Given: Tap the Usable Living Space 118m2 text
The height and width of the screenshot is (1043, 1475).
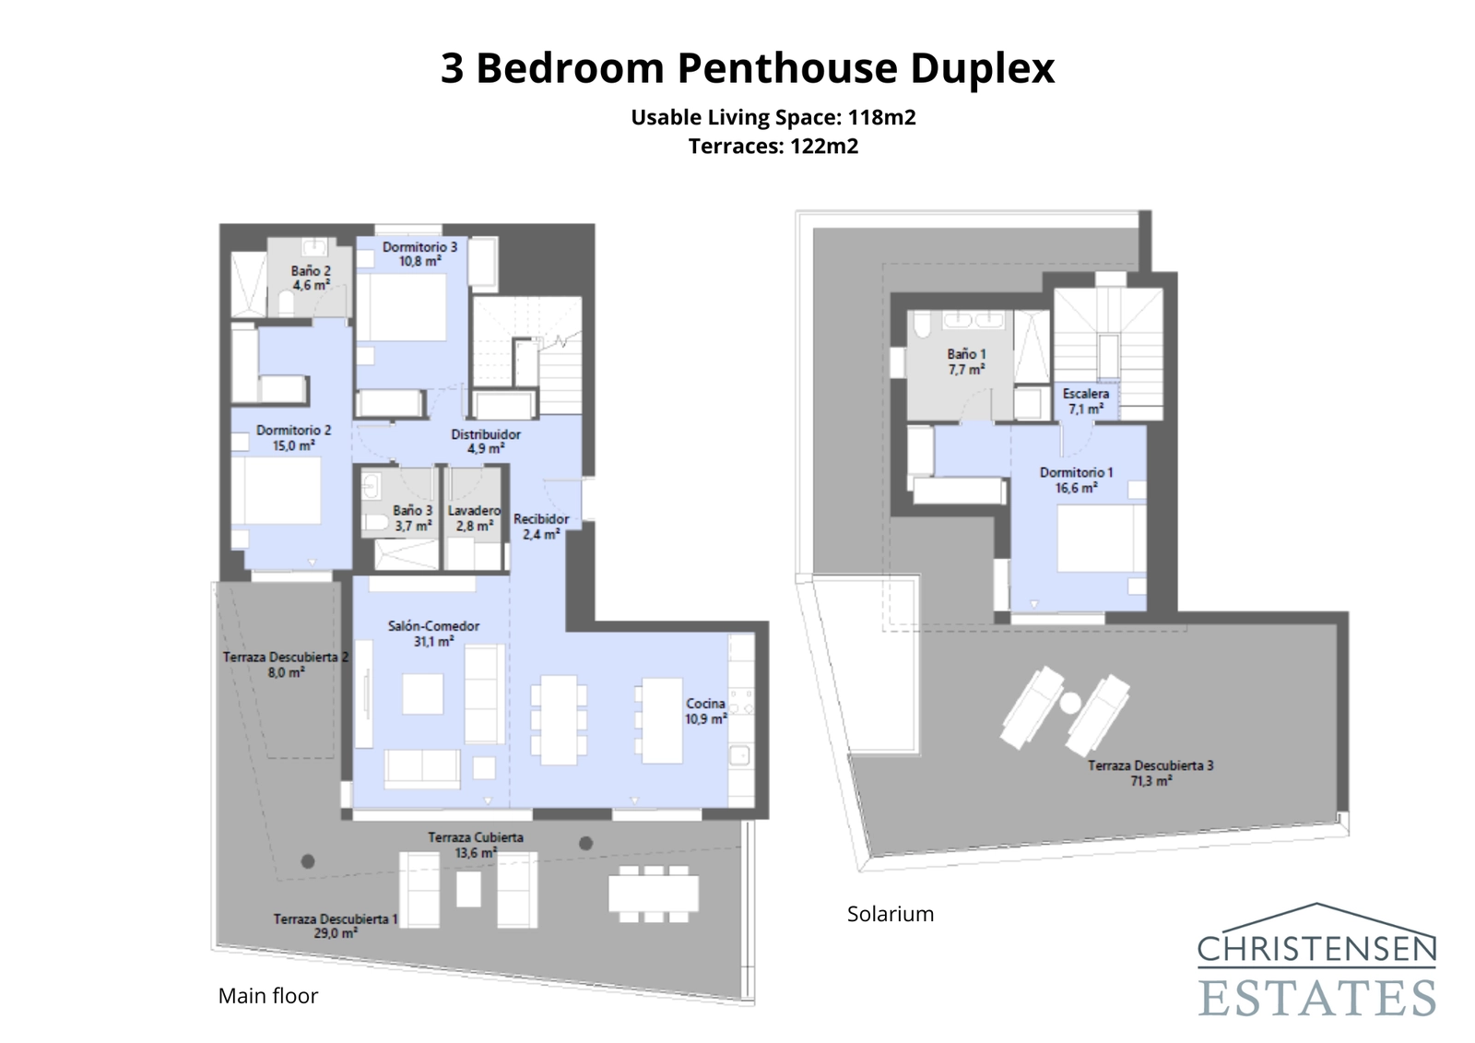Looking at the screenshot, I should [773, 117].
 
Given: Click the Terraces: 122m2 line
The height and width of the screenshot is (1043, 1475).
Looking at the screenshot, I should [773, 147].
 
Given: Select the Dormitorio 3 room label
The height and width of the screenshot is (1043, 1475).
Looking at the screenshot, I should [419, 254].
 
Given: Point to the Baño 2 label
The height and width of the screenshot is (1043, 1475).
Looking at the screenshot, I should [311, 278].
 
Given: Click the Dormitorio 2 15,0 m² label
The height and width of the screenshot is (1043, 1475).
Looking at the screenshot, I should [293, 438].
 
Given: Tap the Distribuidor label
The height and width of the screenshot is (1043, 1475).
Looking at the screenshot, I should [486, 441].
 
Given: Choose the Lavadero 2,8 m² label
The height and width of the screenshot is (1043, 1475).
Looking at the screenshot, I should [474, 518].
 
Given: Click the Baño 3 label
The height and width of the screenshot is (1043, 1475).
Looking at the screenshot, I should [412, 518].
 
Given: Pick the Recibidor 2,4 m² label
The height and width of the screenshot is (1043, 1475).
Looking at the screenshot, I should [541, 526].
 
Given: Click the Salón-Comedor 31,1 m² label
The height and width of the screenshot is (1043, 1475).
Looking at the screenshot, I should [433, 634].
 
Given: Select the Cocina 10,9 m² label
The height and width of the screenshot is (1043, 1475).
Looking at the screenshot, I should [705, 711].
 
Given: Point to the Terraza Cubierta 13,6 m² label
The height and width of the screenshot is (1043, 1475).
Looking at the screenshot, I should [475, 845].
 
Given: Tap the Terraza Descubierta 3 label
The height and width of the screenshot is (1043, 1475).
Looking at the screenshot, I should [1150, 773].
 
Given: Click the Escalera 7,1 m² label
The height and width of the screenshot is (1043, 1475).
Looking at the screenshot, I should [1085, 401].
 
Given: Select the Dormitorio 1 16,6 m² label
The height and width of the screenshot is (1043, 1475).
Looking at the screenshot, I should [1076, 480].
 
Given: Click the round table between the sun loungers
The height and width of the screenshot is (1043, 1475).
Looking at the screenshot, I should [1069, 703].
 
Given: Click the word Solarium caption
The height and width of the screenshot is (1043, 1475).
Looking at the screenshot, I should [891, 914].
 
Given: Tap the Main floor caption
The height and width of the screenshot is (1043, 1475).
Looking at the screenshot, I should [268, 996].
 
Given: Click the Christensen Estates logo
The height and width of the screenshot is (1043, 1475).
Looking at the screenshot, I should [1316, 962].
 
